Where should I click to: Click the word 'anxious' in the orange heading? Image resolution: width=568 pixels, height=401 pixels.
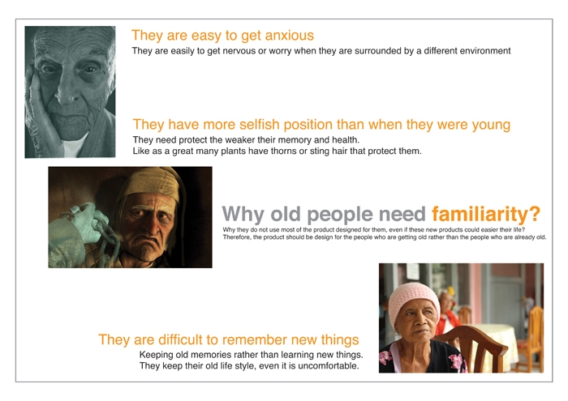coord(290,36)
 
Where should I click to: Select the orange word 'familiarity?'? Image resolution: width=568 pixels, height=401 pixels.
coord(486,214)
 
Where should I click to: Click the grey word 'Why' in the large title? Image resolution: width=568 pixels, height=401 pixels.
coord(243,214)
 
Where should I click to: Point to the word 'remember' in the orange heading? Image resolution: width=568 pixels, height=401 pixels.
coord(255,340)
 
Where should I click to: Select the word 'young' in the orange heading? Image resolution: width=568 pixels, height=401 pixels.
coord(491,125)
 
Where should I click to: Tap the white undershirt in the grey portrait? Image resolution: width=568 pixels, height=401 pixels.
coord(75,146)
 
